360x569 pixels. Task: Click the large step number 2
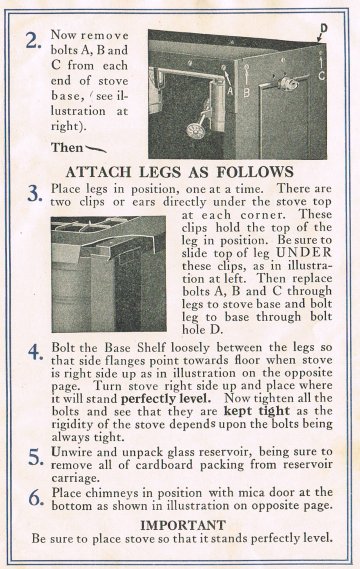pyautogui.click(x=33, y=41)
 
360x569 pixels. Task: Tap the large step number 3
pyautogui.click(x=35, y=194)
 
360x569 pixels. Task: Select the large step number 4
pyautogui.click(x=36, y=352)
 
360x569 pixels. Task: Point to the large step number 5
pyautogui.click(x=36, y=457)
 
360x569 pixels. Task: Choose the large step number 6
pyautogui.click(x=36, y=498)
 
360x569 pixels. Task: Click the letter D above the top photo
pyautogui.click(x=324, y=28)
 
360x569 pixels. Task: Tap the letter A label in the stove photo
pyautogui.click(x=230, y=90)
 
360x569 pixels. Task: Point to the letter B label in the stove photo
pyautogui.click(x=246, y=93)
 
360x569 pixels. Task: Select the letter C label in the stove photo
pyautogui.click(x=322, y=75)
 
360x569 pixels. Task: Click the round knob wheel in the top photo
pyautogui.click(x=196, y=130)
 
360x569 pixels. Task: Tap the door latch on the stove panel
pyautogui.click(x=289, y=84)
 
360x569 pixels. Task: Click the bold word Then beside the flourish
pyautogui.click(x=67, y=148)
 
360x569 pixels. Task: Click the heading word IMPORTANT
pyautogui.click(x=183, y=525)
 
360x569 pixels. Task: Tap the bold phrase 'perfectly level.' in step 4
pyautogui.click(x=166, y=399)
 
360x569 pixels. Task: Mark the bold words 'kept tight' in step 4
pyautogui.click(x=257, y=411)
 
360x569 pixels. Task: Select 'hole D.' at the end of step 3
pyautogui.click(x=201, y=329)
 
